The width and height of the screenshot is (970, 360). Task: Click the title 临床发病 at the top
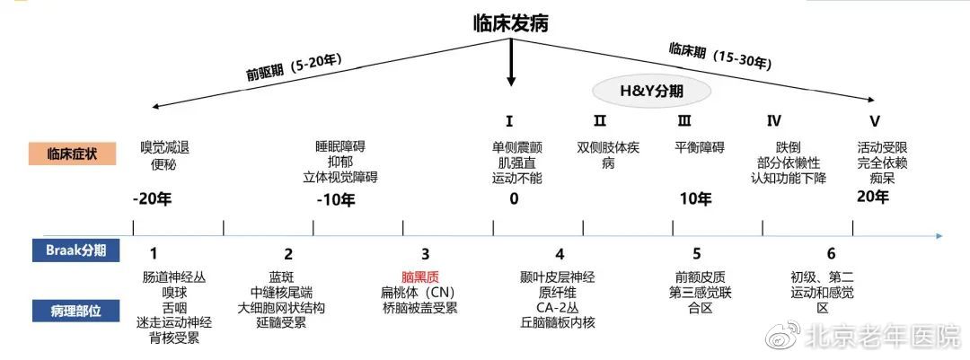click(x=511, y=23)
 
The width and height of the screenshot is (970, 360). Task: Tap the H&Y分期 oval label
click(x=652, y=91)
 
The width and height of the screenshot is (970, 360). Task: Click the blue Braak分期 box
click(x=75, y=250)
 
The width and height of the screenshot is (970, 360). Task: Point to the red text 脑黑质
click(x=420, y=277)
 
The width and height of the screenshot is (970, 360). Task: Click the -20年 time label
click(x=152, y=199)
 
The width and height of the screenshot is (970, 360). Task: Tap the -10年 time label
click(x=336, y=199)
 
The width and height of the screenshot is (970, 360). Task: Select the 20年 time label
click(x=873, y=197)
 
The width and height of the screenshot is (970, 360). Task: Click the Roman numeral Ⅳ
click(x=773, y=120)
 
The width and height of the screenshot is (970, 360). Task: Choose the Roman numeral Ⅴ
click(x=875, y=120)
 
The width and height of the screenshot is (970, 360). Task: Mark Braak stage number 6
click(x=831, y=253)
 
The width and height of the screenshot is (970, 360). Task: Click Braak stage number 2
click(x=288, y=254)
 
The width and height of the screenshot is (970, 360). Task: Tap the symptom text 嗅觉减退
click(x=164, y=147)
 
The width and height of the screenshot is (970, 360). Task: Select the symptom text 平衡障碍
click(x=699, y=147)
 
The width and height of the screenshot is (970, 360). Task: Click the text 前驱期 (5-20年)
click(x=295, y=67)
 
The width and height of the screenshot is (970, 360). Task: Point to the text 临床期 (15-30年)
click(x=719, y=56)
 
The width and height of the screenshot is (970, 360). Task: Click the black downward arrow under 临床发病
click(x=510, y=63)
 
